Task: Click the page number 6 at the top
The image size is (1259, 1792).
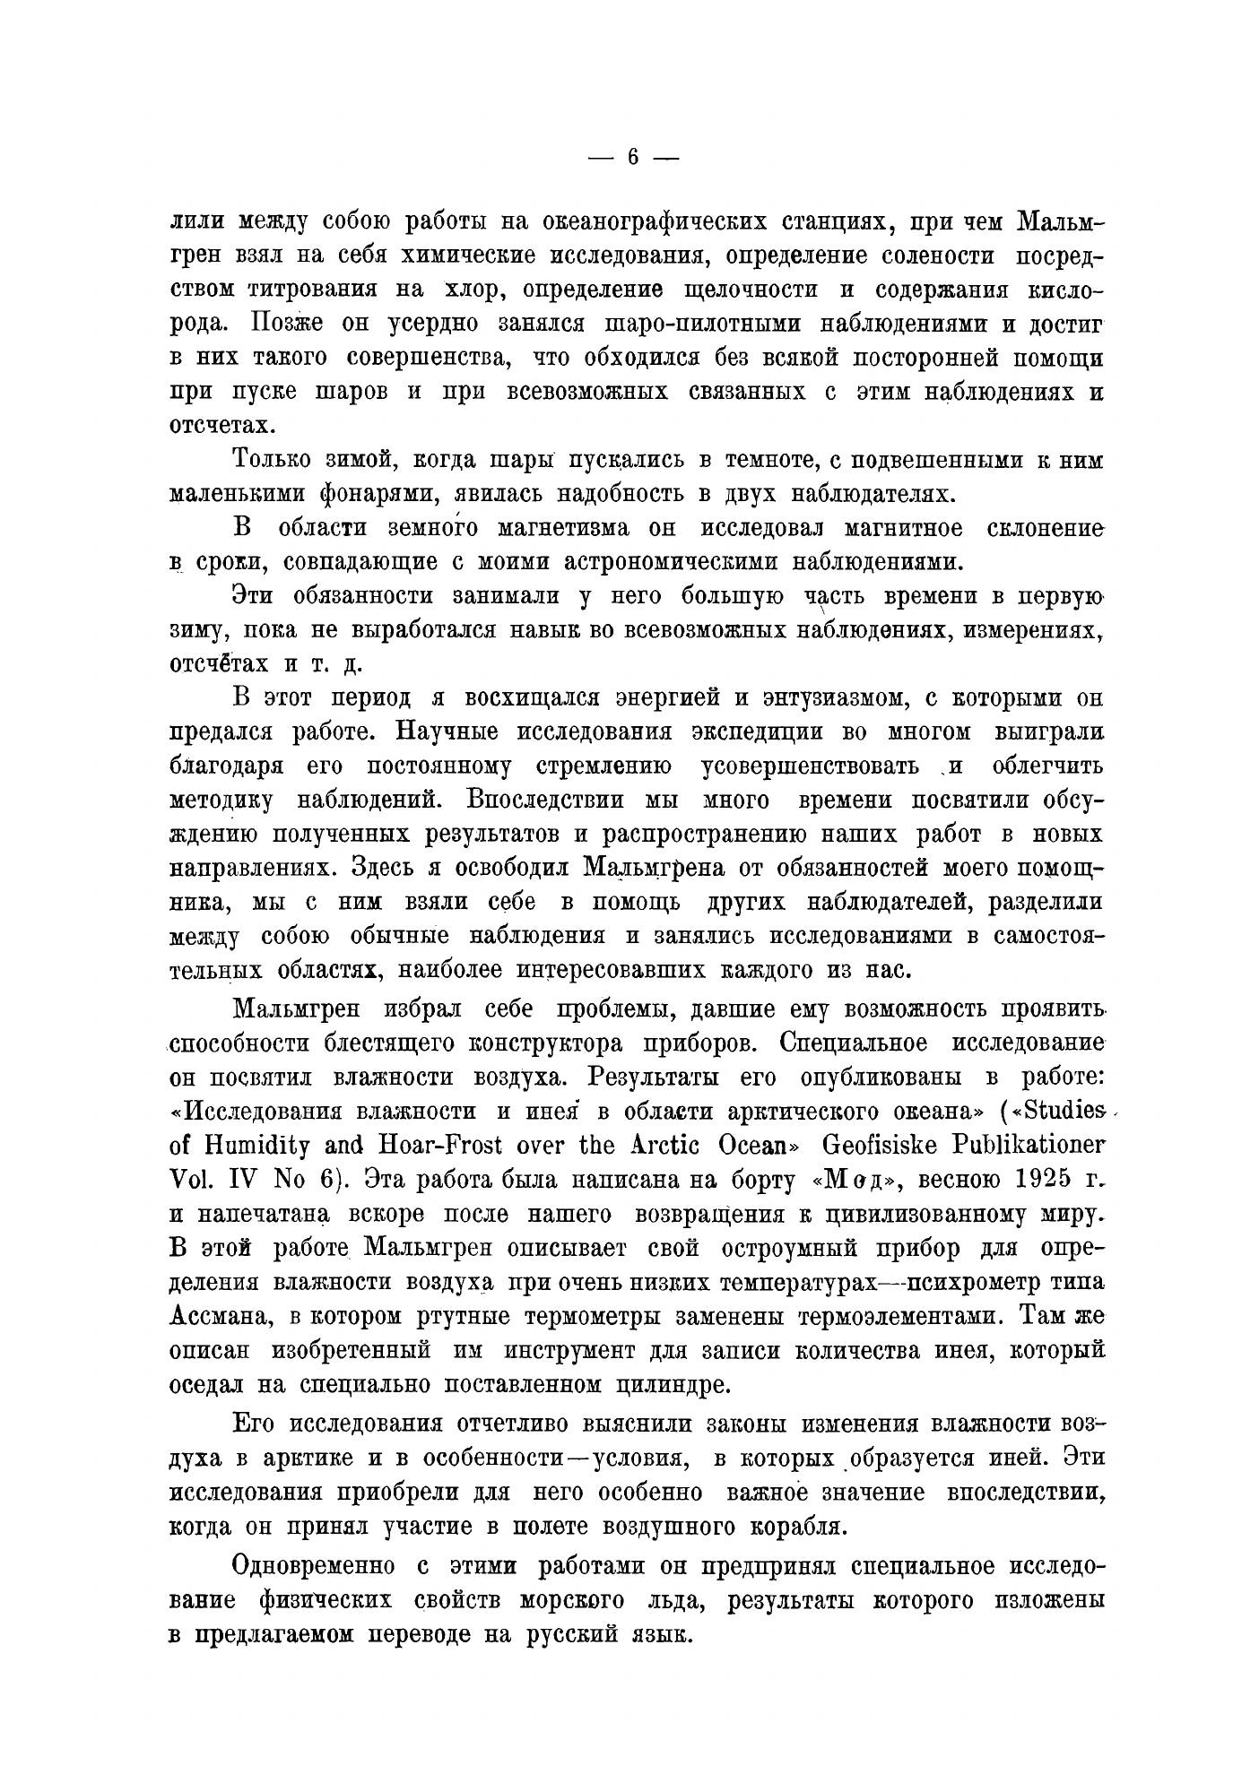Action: [x=632, y=158]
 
